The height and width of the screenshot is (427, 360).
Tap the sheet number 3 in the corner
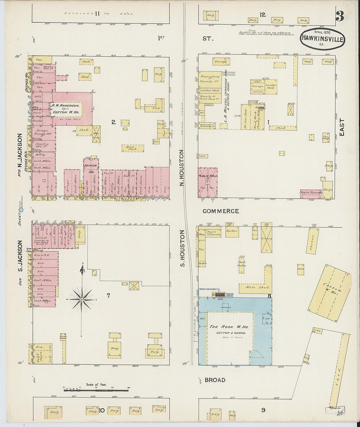(x=340, y=16)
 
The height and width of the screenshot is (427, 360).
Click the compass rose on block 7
(x=82, y=299)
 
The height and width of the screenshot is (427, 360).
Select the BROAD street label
(x=215, y=380)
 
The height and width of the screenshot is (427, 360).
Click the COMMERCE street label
(x=221, y=211)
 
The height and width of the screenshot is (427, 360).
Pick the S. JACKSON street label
(x=20, y=256)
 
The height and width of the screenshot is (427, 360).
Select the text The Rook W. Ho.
(x=229, y=327)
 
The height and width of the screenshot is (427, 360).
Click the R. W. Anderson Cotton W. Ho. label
(x=66, y=109)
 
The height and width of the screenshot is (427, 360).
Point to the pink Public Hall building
(x=207, y=183)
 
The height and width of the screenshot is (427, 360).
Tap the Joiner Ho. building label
(x=91, y=169)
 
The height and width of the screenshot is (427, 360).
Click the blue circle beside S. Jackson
(x=21, y=210)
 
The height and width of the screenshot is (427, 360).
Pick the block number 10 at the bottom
(x=101, y=410)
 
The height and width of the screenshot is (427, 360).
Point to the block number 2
(x=113, y=122)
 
